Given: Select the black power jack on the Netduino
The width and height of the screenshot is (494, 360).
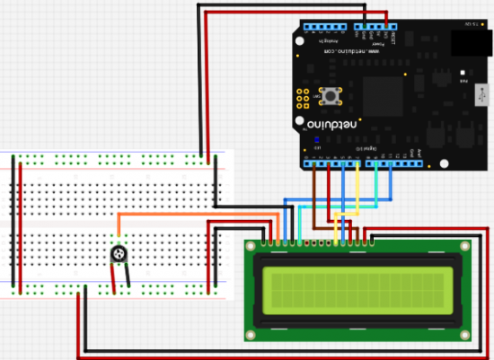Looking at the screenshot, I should pyautogui.click(x=467, y=41).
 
